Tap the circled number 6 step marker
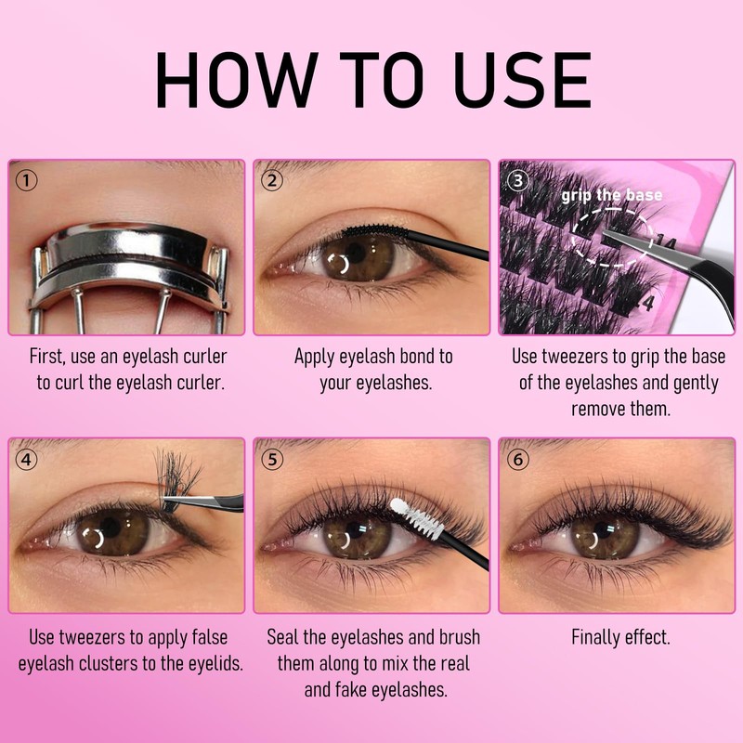point(518,459)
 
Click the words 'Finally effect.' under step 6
point(619,638)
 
